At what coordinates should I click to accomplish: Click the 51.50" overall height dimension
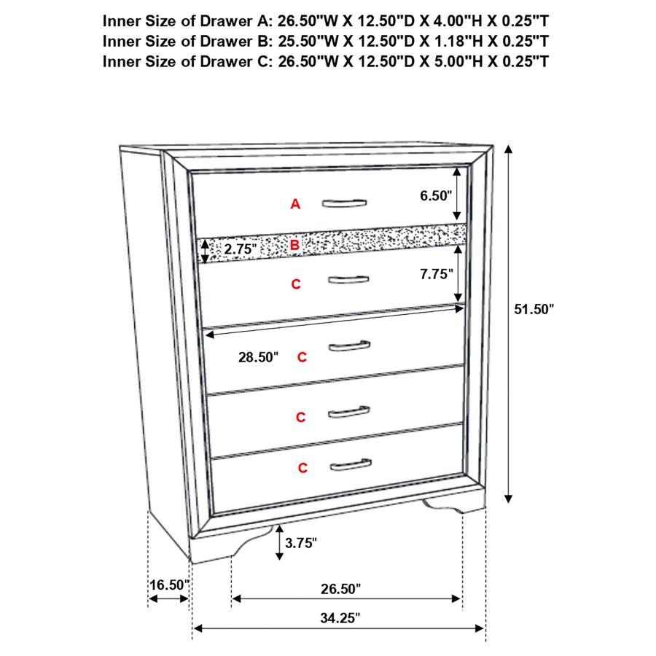pos(534,309)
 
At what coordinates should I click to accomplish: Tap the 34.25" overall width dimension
pos(340,618)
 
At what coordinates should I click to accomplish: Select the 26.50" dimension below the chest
pos(340,588)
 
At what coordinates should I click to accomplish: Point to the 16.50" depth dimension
pos(169,585)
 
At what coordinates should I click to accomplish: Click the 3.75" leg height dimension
pos(301,542)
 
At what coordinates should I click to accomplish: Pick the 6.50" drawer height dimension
pos(436,195)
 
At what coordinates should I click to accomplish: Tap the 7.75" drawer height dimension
pos(437,274)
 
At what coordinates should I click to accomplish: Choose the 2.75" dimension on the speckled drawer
pos(241,249)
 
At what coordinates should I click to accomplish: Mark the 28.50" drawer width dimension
pos(258,357)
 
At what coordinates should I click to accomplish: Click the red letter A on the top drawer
pos(295,205)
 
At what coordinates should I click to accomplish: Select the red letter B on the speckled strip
pos(294,246)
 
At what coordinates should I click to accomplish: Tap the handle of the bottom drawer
pos(350,464)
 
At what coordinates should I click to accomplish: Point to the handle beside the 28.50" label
pos(349,345)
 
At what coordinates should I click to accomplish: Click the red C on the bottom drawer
pos(302,468)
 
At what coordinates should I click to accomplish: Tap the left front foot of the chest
pos(248,539)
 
